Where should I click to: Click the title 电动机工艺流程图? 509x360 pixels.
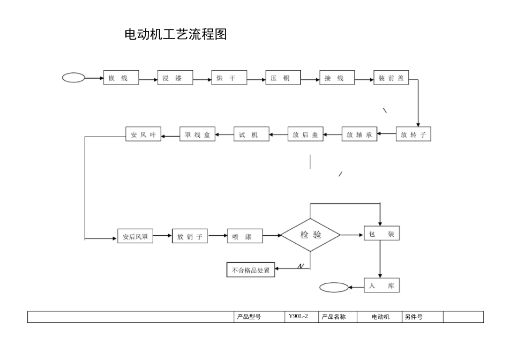coord(176,35)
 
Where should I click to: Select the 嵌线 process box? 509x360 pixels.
coord(121,78)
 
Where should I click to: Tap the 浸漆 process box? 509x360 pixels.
coord(175,78)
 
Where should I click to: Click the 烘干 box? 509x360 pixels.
coord(229,78)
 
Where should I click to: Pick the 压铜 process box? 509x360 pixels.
coord(283,78)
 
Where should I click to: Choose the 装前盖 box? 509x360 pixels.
coord(391,78)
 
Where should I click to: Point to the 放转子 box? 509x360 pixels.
coord(413,135)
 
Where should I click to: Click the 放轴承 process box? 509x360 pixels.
coord(360,135)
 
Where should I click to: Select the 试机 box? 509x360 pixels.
coord(251,135)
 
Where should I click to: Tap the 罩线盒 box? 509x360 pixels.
coord(197,135)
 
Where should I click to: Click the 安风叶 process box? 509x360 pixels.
coord(143,135)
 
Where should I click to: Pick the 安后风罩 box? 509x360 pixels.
coord(136,236)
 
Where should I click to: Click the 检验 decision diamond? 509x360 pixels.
coord(311,235)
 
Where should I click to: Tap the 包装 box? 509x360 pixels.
coord(381,234)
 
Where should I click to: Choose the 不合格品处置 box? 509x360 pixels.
coord(251,271)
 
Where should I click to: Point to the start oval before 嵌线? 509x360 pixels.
coord(73,78)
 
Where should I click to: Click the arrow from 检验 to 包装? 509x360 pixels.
coord(351,235)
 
